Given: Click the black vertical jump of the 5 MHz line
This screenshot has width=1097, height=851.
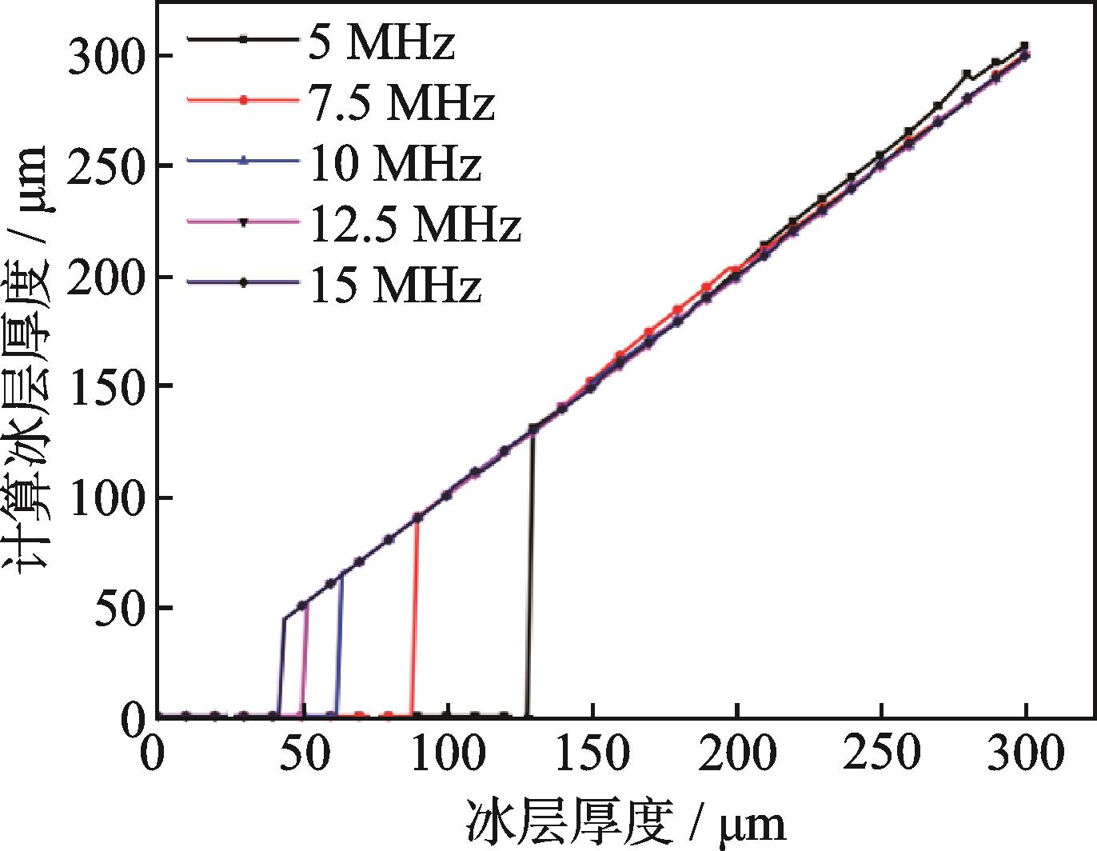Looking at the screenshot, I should tap(529, 576).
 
